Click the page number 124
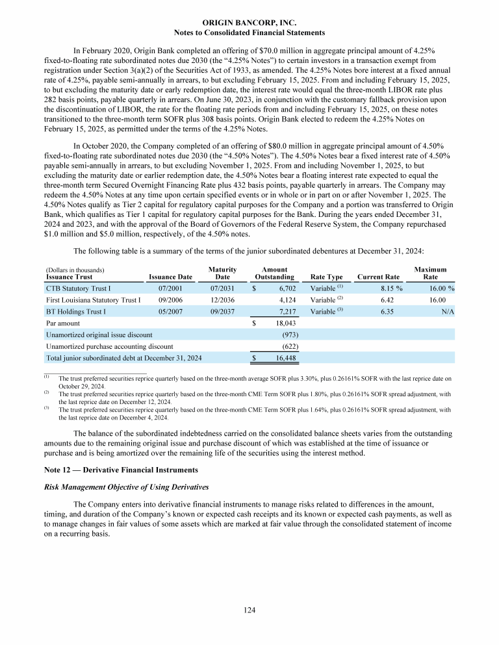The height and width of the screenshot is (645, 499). (x=249, y=610)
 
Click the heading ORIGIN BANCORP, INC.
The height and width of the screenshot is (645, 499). (x=249, y=23)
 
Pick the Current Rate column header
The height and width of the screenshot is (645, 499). (x=379, y=277)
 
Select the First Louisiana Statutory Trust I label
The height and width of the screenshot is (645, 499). (x=93, y=300)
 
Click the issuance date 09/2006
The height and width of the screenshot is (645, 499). (x=170, y=300)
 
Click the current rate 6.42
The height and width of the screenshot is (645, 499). (x=388, y=300)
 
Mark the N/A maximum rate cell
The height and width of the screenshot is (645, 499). (x=446, y=312)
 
